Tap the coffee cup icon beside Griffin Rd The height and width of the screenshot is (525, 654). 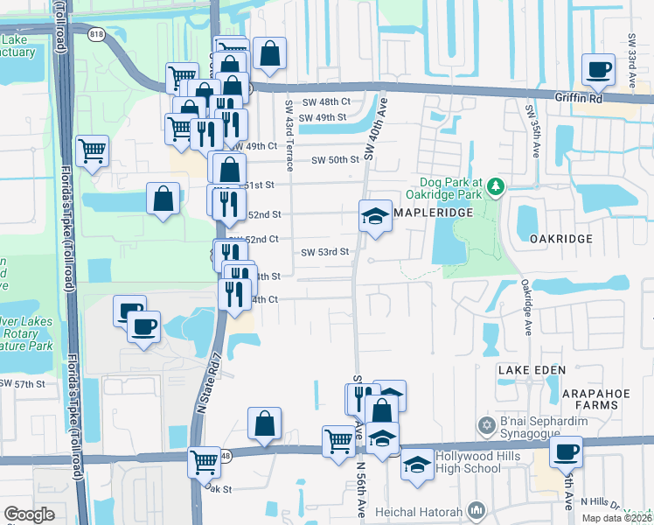tap(598, 69)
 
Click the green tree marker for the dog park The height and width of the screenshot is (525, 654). tap(496, 185)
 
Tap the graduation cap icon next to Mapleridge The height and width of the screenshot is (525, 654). tap(375, 215)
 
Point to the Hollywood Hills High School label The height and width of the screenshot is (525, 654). tap(477, 463)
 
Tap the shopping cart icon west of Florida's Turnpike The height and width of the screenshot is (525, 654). tap(91, 150)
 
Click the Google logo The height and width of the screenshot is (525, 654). tap(29, 514)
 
